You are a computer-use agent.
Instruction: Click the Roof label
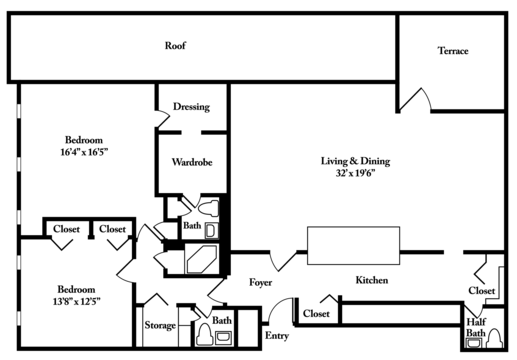click(x=176, y=46)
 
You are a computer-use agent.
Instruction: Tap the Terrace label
click(x=453, y=51)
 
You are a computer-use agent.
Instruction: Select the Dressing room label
click(x=191, y=107)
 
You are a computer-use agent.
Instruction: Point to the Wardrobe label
click(x=191, y=161)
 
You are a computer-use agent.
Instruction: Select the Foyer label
click(x=261, y=282)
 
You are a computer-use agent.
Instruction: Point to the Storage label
click(x=160, y=326)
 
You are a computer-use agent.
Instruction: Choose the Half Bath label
click(x=477, y=327)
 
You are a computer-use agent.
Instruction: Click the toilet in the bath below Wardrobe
click(x=206, y=211)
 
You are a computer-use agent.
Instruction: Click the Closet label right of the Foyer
click(x=316, y=314)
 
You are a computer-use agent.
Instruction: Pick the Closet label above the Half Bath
click(x=481, y=291)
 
